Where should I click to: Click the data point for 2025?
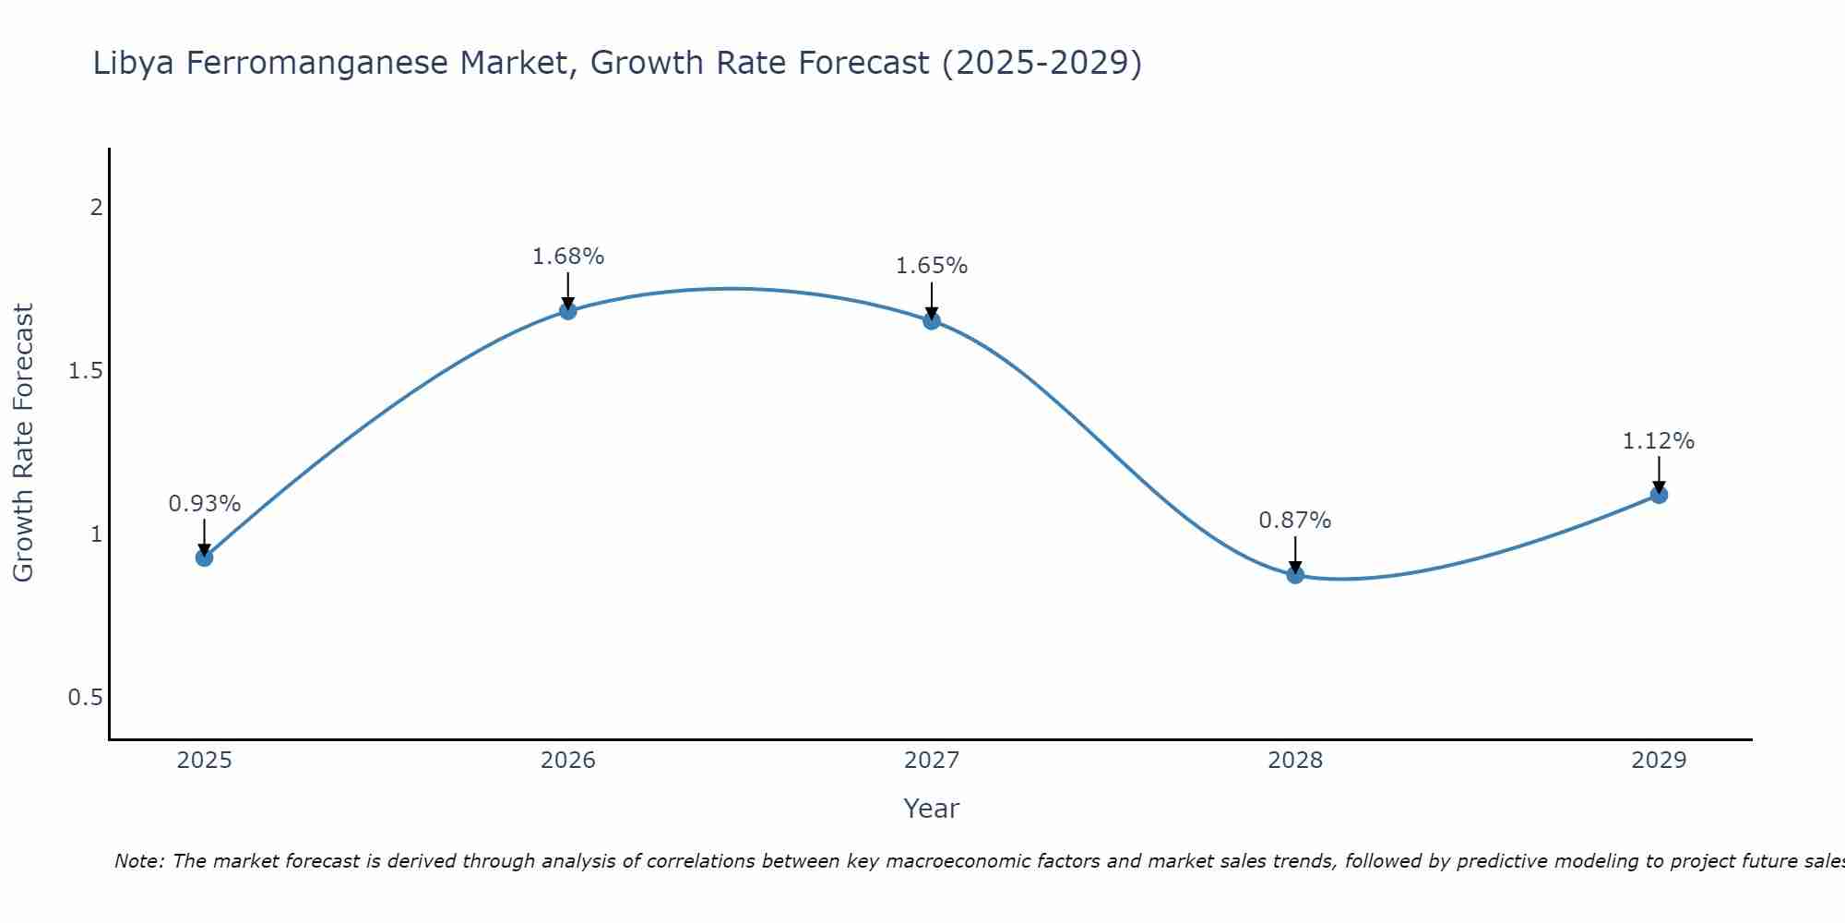[205, 557]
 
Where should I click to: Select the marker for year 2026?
[568, 311]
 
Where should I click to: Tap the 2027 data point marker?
[932, 321]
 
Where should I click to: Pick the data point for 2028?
[1295, 575]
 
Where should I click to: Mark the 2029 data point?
[1659, 495]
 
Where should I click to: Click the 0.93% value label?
[205, 504]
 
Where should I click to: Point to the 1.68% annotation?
[568, 257]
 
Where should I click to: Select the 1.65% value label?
[932, 266]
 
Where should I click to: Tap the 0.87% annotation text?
[1295, 521]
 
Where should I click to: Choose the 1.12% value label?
[1659, 441]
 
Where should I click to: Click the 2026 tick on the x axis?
[568, 761]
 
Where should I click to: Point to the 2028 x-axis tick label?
[1295, 761]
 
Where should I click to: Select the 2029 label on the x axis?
[1659, 761]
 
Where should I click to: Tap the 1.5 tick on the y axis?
[85, 371]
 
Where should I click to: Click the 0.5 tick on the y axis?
[85, 698]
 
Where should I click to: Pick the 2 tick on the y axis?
[96, 208]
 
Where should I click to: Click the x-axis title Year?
[932, 809]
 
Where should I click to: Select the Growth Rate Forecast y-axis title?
[24, 443]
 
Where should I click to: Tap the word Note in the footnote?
[138, 861]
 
